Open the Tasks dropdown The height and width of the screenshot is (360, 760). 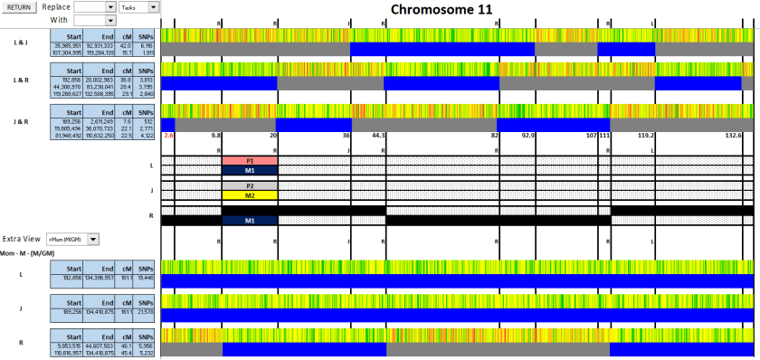[x=139, y=6]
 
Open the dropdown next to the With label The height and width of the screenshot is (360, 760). [x=95, y=19]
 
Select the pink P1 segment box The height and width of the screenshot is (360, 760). [x=250, y=160]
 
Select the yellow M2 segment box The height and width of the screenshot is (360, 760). [x=250, y=195]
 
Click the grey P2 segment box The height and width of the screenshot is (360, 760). [x=250, y=185]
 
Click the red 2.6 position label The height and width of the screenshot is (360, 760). [x=168, y=135]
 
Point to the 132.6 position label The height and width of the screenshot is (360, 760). [x=733, y=135]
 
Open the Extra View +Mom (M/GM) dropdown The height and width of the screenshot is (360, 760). [x=72, y=239]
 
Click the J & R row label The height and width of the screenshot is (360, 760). [x=20, y=120]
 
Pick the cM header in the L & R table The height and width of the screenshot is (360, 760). [x=125, y=70]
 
